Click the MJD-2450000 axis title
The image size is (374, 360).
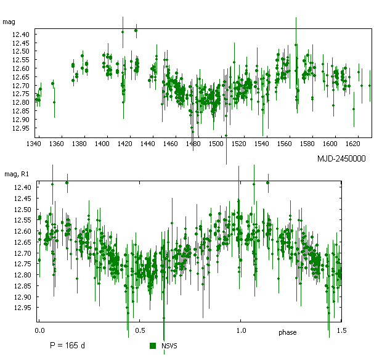pyautogui.click(x=341, y=158)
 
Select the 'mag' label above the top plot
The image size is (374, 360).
pyautogui.click(x=9, y=22)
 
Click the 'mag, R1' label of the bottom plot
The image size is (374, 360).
pyautogui.click(x=16, y=171)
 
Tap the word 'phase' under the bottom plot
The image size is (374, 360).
pyautogui.click(x=287, y=333)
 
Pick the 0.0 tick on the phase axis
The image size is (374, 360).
pyautogui.click(x=40, y=330)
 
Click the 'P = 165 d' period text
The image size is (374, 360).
pyautogui.click(x=67, y=345)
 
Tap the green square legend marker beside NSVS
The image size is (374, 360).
pyautogui.click(x=153, y=346)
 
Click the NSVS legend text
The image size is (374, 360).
pyautogui.click(x=169, y=347)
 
